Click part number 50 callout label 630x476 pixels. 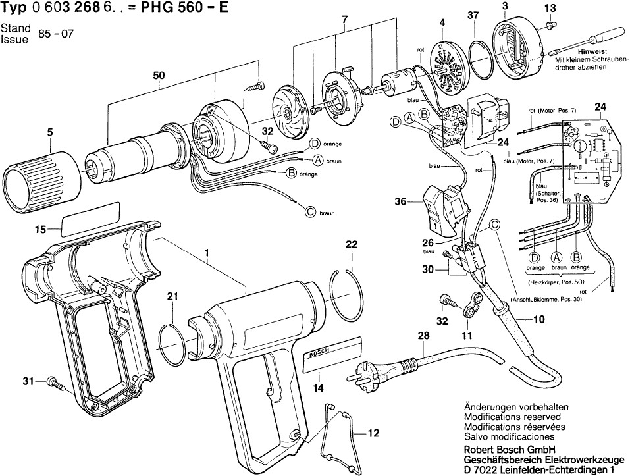159,76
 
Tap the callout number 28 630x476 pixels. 422,338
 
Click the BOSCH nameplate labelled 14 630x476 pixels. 332,352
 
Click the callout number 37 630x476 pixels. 473,15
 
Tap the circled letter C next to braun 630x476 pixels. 310,211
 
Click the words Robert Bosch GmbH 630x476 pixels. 506,450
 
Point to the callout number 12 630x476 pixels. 373,433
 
